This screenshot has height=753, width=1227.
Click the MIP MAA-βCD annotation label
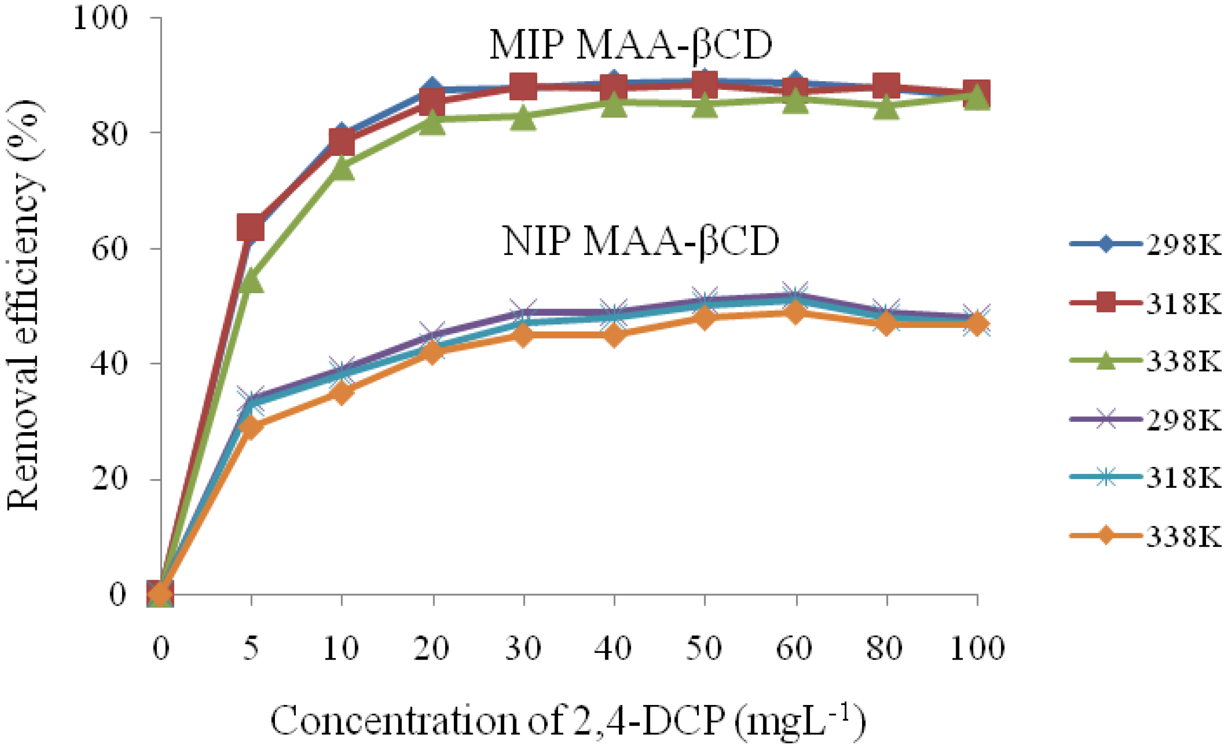click(631, 46)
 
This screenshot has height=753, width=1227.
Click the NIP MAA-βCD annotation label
click(641, 242)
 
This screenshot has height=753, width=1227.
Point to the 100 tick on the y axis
click(100, 18)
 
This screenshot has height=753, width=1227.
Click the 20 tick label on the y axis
click(109, 479)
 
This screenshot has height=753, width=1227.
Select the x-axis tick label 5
click(250, 649)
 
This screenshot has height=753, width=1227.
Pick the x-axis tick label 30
click(523, 649)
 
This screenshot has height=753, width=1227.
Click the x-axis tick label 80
click(885, 649)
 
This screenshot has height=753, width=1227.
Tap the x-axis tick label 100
click(977, 649)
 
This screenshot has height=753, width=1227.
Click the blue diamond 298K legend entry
click(1145, 245)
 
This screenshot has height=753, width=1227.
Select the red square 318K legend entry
click(1145, 303)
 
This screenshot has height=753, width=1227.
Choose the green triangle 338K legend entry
click(1145, 362)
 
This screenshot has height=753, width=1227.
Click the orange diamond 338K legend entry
click(1145, 536)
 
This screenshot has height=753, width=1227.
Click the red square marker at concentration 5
click(250, 227)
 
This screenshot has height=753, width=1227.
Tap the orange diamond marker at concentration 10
click(341, 393)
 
